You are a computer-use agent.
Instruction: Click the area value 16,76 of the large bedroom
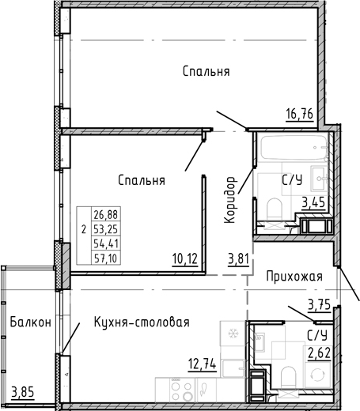point(300,113)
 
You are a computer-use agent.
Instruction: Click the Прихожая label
point(294,276)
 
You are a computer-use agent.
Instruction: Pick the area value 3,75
point(317,303)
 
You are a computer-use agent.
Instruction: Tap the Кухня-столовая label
point(142,322)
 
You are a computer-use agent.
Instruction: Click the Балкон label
point(31,322)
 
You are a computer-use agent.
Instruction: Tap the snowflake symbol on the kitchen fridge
point(233,334)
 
